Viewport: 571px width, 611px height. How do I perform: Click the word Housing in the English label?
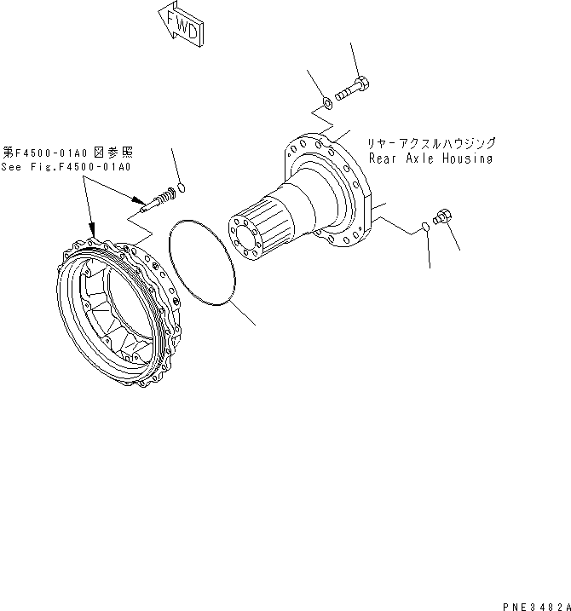click(x=468, y=159)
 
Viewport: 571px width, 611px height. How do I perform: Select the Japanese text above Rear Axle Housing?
click(x=430, y=144)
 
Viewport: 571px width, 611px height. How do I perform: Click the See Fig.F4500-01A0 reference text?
click(x=66, y=166)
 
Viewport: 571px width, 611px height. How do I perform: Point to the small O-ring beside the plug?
click(x=426, y=227)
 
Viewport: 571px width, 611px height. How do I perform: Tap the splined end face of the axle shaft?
click(x=247, y=234)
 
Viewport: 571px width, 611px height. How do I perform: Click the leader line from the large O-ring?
click(x=242, y=315)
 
